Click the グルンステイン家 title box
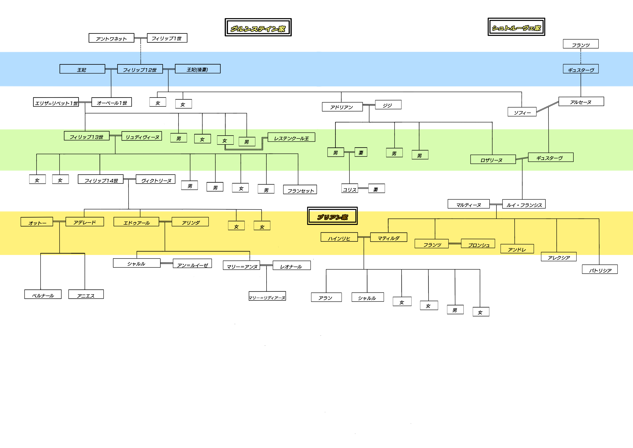pyautogui.click(x=258, y=27)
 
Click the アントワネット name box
pyautogui.click(x=111, y=38)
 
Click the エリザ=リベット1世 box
pyautogui.click(x=56, y=102)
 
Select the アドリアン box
pyautogui.click(x=342, y=107)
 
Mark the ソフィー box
pyautogui.click(x=522, y=112)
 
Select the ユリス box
pyautogui.click(x=350, y=189)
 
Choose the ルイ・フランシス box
pyautogui.click(x=524, y=204)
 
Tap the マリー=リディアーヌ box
pyautogui.click(x=267, y=296)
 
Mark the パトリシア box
pyautogui.click(x=600, y=269)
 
